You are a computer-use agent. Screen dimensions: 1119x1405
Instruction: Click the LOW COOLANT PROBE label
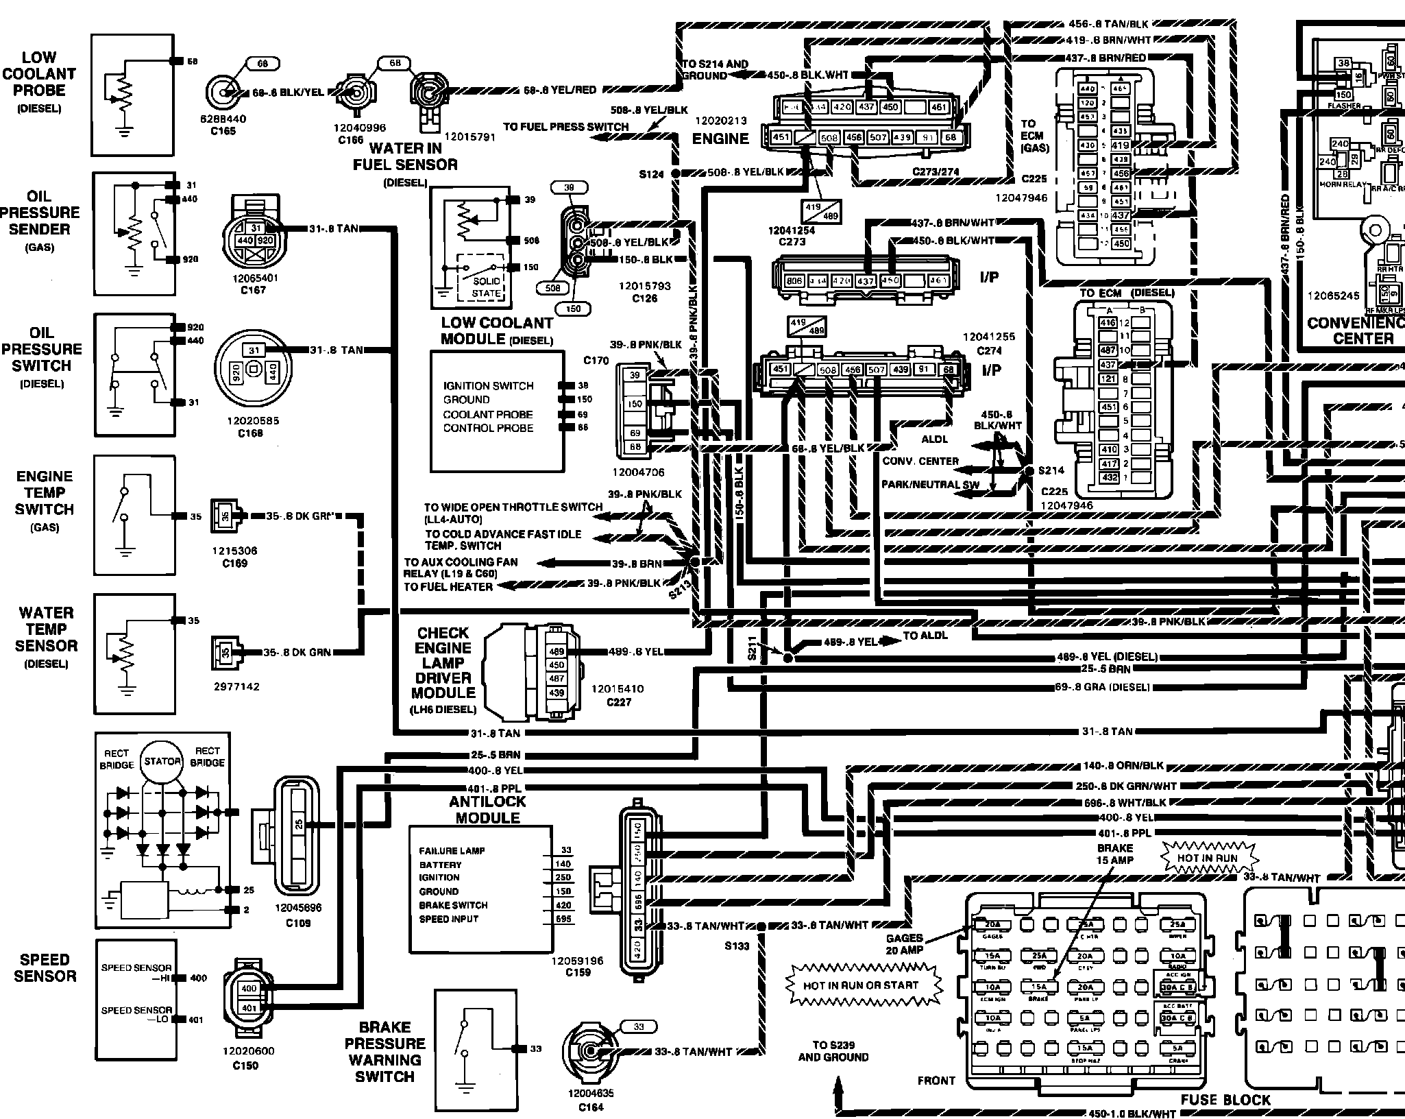point(39,74)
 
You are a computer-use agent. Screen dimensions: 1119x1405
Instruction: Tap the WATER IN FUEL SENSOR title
point(405,156)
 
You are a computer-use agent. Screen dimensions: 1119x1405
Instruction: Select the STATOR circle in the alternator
point(162,761)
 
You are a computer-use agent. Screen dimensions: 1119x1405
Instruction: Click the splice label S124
point(651,174)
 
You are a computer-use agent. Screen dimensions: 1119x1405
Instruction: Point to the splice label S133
point(737,946)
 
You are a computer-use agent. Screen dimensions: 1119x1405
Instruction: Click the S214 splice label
point(1051,470)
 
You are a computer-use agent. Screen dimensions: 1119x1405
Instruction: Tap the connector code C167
point(253,290)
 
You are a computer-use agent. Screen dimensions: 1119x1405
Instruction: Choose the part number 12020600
point(248,1051)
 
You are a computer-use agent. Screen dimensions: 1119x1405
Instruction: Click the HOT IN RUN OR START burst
point(861,985)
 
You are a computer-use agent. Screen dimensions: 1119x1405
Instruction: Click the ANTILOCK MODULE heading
point(487,810)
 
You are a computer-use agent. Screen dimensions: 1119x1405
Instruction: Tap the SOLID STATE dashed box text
point(486,287)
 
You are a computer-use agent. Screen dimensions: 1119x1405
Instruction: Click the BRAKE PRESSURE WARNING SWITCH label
point(384,1052)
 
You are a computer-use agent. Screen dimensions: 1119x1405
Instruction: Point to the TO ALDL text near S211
point(925,636)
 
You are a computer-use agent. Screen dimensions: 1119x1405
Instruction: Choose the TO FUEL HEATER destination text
point(448,587)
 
